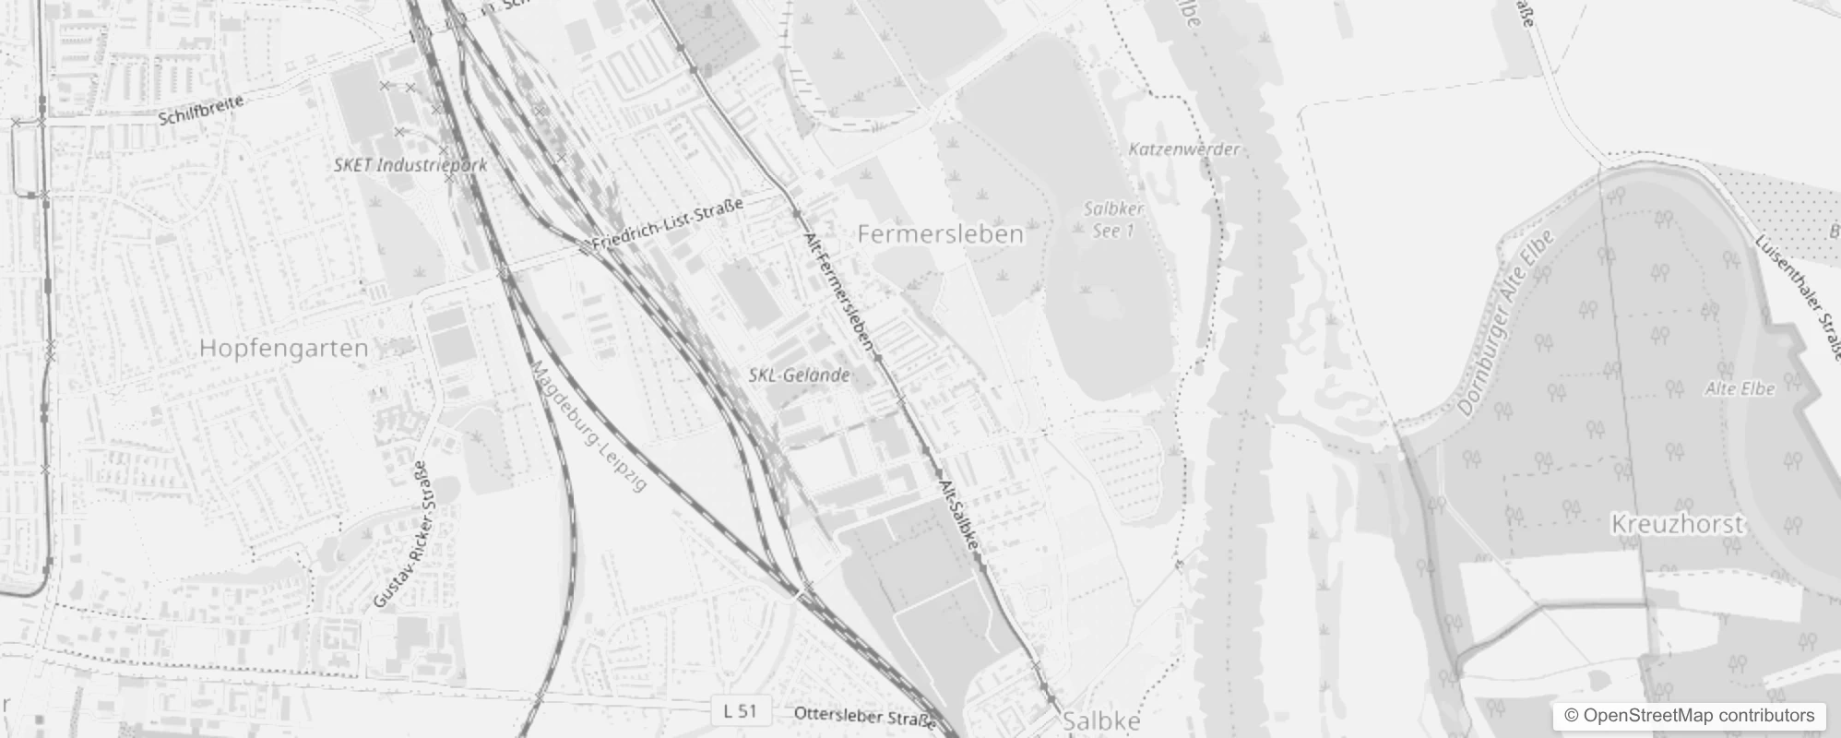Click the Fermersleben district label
click(940, 234)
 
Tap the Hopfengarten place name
click(283, 349)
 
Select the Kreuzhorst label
click(1677, 525)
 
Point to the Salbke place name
click(1101, 721)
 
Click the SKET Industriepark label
click(410, 165)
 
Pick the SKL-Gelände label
click(799, 375)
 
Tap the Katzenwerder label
click(1184, 149)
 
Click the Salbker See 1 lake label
click(1113, 220)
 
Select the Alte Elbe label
click(1740, 389)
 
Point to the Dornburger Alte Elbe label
click(1506, 322)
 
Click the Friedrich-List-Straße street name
click(667, 224)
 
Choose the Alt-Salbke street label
click(959, 515)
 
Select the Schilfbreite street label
click(201, 110)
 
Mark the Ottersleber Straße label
click(864, 716)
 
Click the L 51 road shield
click(740, 711)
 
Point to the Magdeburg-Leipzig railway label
click(589, 425)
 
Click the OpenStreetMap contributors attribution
click(1687, 716)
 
